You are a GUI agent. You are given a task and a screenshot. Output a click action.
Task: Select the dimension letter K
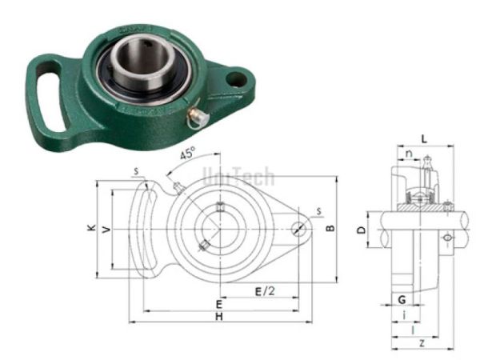pos(92,229)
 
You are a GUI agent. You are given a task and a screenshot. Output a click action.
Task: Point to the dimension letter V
pos(105,229)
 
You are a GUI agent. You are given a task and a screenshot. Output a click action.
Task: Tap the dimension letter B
pos(329,228)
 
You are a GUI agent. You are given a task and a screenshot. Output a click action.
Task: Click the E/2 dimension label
pos(264,290)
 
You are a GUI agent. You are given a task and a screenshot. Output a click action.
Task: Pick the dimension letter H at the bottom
pos(218,318)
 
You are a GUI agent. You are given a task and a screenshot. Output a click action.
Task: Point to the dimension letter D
pos(361,230)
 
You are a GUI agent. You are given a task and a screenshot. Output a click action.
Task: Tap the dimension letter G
pos(400,298)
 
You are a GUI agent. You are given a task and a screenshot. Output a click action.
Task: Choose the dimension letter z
pos(422,342)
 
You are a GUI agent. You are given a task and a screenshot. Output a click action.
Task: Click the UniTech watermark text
pos(238,176)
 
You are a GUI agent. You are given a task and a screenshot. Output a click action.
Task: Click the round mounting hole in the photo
pos(235,78)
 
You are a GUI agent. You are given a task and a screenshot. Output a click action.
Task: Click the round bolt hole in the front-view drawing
pos(301,227)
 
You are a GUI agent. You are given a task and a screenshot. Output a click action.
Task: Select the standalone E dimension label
pos(218,304)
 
